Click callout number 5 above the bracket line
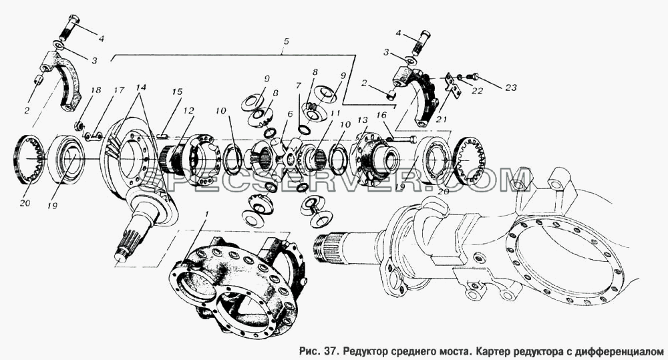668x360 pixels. tap(286, 41)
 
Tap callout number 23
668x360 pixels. tap(510, 87)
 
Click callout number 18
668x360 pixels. tap(96, 90)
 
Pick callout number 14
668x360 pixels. tap(141, 87)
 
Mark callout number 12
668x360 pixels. tap(189, 111)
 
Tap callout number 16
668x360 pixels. tap(381, 115)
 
